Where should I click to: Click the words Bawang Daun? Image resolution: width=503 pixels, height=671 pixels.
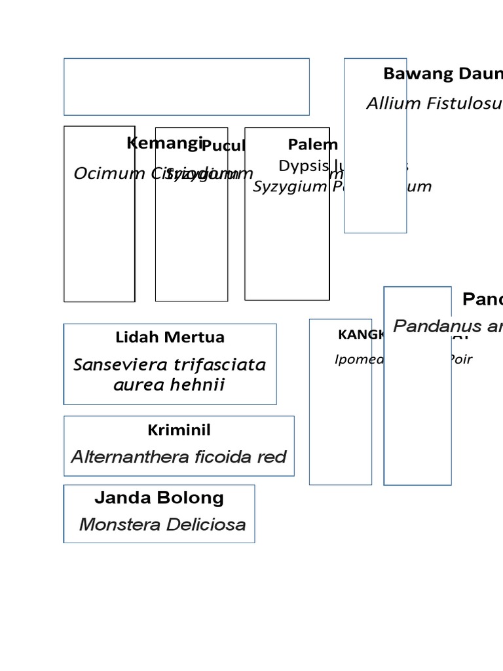(443, 73)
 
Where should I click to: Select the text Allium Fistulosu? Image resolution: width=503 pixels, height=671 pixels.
(434, 104)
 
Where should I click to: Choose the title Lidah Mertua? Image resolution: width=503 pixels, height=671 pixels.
(170, 337)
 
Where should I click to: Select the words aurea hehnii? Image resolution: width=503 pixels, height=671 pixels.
(169, 385)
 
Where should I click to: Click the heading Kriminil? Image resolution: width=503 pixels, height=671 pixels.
(179, 431)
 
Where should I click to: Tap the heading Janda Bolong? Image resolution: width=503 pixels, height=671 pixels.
(159, 498)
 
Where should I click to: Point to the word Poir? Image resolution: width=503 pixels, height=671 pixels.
(460, 359)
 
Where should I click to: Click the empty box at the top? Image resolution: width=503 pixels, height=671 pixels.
(187, 86)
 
